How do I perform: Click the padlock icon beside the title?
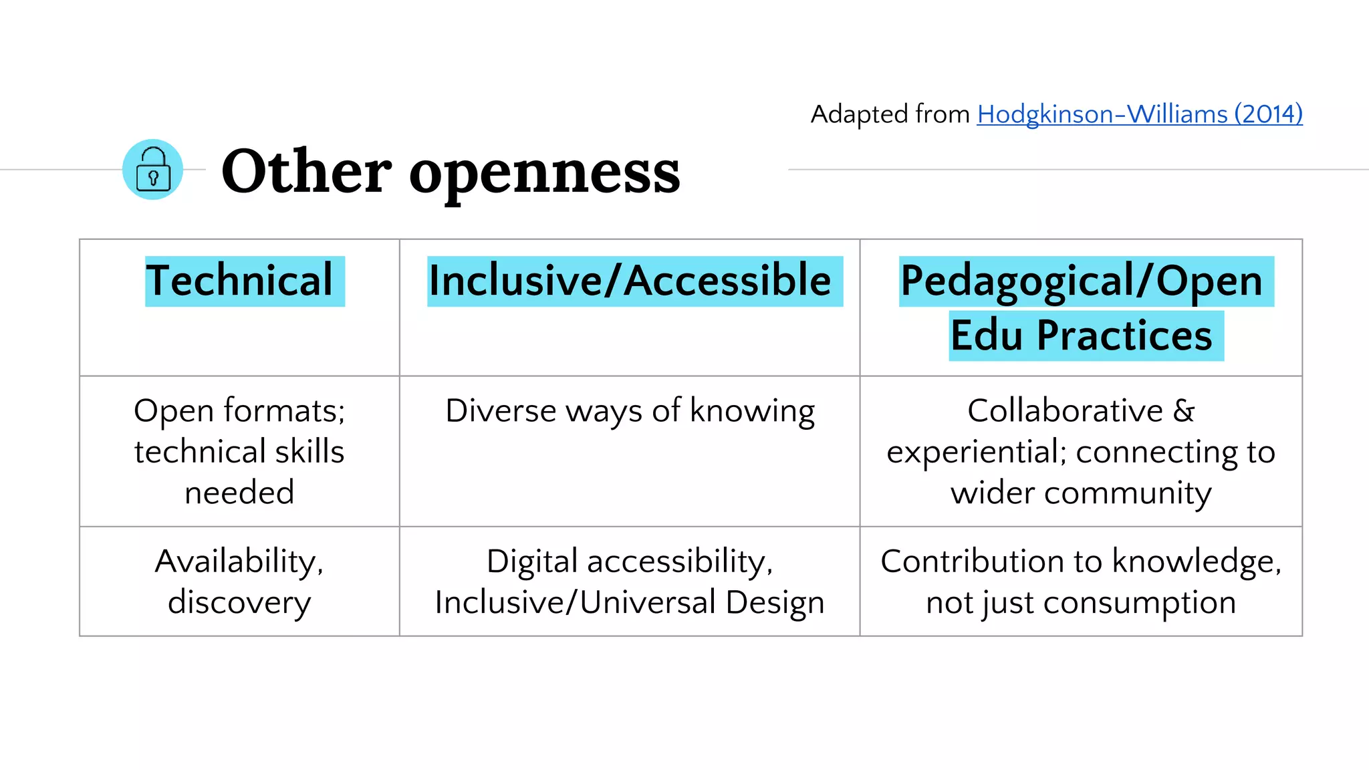[152, 170]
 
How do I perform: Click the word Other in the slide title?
[306, 171]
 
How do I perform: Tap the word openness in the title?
[544, 172]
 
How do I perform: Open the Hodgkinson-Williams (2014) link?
[1139, 114]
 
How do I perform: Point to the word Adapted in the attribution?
[860, 115]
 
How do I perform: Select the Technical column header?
[239, 281]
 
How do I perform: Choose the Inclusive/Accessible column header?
[630, 281]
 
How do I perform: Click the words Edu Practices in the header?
[1081, 336]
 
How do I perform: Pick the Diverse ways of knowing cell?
[630, 410]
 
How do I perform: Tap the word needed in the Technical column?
[239, 493]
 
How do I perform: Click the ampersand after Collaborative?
[1184, 410]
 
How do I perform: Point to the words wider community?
[1081, 493]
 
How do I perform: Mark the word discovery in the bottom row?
[239, 603]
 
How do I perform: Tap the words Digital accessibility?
[629, 561]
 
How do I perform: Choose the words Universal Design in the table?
[702, 603]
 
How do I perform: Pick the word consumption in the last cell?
[1139, 603]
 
